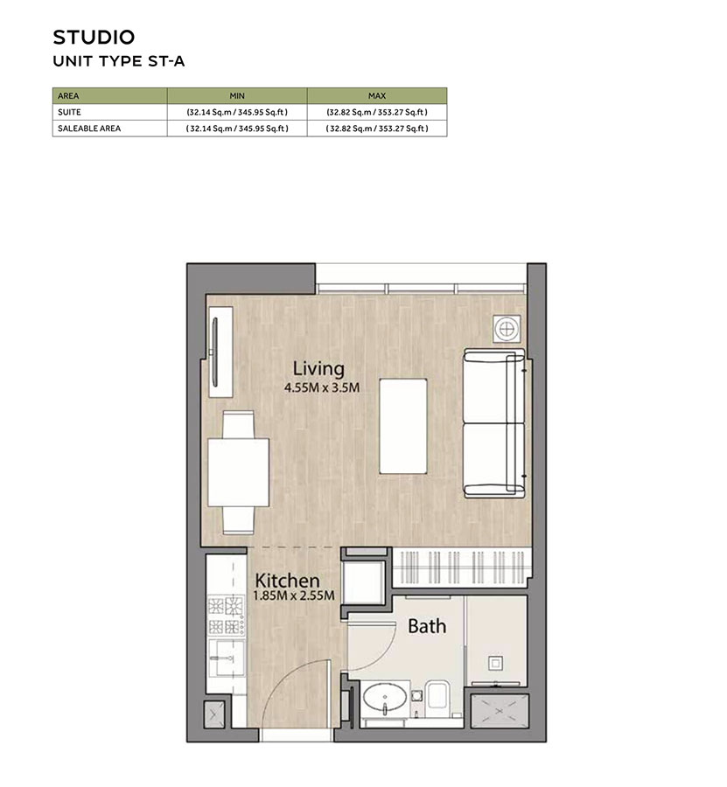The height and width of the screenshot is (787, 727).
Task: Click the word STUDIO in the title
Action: click(94, 37)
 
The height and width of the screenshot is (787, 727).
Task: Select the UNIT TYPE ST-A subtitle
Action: click(119, 61)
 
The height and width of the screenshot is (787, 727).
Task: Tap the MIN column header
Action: click(236, 95)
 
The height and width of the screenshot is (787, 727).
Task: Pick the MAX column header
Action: click(376, 95)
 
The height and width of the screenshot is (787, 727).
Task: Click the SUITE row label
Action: click(69, 112)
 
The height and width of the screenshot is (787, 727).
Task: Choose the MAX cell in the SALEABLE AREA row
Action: click(376, 128)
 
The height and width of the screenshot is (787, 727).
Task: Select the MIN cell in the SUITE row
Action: click(236, 112)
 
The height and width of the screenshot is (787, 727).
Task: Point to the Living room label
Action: click(318, 368)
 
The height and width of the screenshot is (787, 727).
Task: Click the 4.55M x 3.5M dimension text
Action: click(322, 387)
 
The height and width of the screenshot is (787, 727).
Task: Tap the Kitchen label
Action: click(287, 580)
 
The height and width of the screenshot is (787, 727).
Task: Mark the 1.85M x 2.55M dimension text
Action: click(293, 596)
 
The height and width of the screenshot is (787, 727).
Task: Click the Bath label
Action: click(427, 626)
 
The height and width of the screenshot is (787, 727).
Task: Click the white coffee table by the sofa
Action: click(404, 426)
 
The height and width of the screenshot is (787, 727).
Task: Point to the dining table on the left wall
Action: click(238, 471)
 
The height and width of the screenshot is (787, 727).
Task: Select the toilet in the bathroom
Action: click(437, 697)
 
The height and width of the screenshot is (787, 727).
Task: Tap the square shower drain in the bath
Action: click(495, 662)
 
